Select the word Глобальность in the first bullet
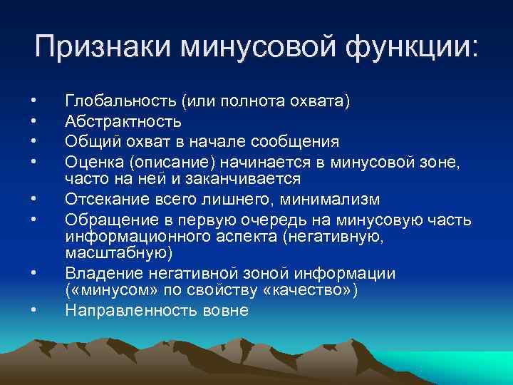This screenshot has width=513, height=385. (120, 102)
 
